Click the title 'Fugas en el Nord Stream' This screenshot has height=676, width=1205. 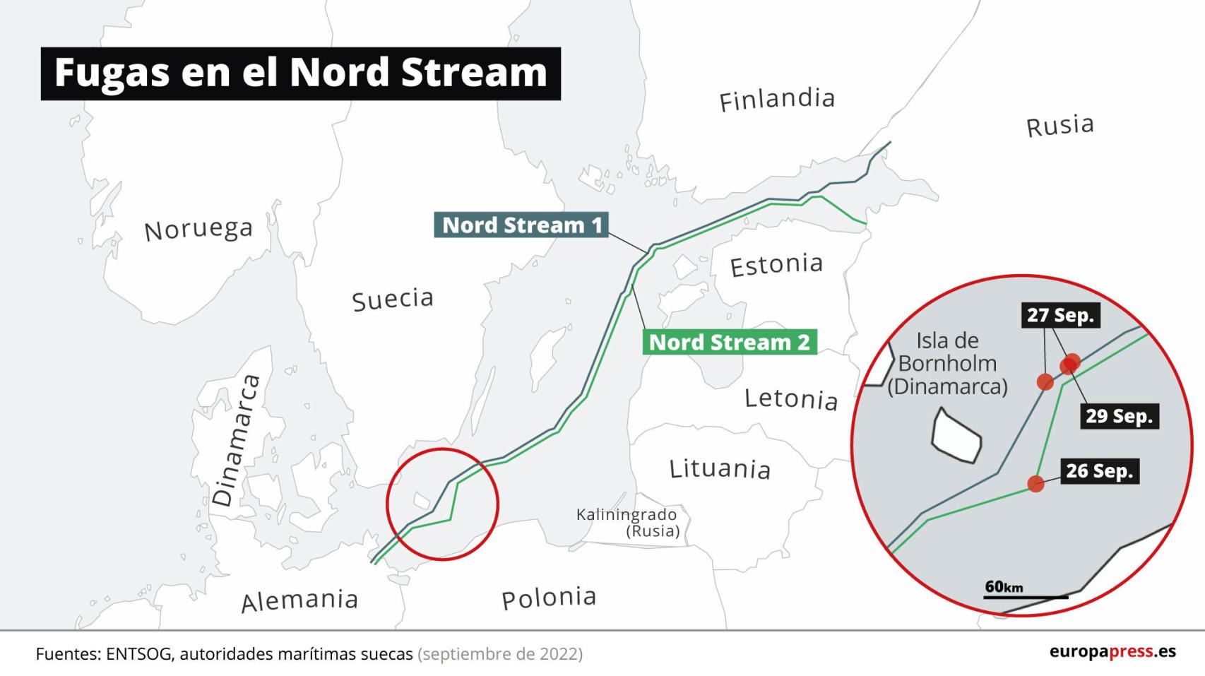click(300, 73)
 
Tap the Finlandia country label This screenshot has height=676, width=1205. click(777, 100)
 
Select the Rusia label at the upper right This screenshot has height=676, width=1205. click(1059, 126)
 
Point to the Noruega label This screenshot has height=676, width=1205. click(198, 230)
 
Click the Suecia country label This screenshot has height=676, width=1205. click(393, 300)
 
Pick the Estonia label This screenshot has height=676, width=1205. click(776, 266)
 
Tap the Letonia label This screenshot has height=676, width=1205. click(791, 399)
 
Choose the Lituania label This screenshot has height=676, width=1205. click(720, 469)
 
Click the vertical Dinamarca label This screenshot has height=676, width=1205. click(237, 441)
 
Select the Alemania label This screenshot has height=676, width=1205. click(299, 601)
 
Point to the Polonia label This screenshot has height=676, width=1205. click(549, 598)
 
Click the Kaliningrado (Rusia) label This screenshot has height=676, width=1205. click(627, 523)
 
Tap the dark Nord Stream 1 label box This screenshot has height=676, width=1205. click(521, 225)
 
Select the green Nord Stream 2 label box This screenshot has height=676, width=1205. click(729, 343)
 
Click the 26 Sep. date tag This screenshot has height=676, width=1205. click(1099, 471)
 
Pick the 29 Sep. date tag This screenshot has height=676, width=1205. click(1119, 416)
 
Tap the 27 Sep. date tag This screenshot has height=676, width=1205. click(1060, 315)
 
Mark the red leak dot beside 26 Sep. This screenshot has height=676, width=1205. click(1035, 484)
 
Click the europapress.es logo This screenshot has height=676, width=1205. click(1112, 651)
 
